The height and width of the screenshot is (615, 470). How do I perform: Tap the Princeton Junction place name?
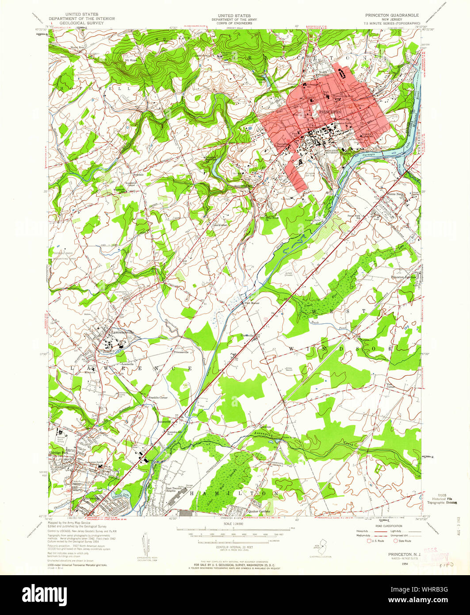click(404, 277)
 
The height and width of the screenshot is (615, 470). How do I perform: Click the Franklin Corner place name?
click(157, 398)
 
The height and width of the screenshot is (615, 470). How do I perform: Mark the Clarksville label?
click(251, 336)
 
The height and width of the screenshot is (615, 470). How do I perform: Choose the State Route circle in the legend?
click(396, 541)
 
